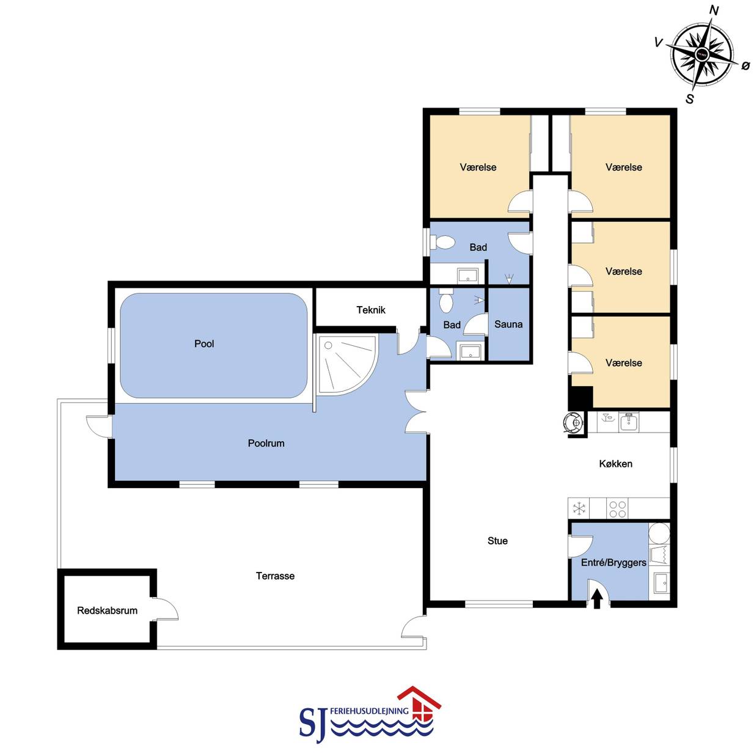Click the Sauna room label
[x=508, y=324]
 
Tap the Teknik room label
[x=371, y=310]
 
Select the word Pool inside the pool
[x=204, y=343]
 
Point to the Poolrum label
[x=266, y=444]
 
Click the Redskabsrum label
[x=107, y=610]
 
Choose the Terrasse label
[x=275, y=576]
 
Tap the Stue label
[x=498, y=541]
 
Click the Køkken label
[x=616, y=464]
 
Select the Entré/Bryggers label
[x=613, y=563]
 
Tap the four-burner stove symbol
[x=618, y=509]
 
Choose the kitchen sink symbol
[x=629, y=423]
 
